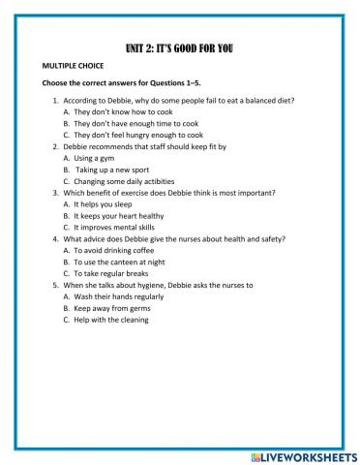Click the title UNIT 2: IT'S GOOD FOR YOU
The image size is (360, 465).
179,46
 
